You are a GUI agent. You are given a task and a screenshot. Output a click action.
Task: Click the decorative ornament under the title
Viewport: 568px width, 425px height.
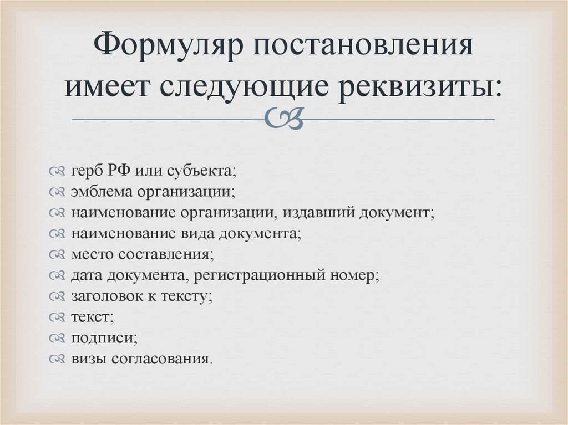[x=283, y=118]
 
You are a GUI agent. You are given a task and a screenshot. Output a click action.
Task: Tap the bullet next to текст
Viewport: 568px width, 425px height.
[x=58, y=318]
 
